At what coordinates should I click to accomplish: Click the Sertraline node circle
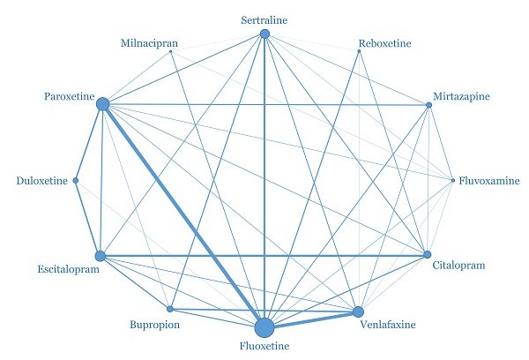(264, 34)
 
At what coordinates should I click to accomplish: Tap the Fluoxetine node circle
(264, 328)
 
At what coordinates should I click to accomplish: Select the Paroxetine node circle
(102, 104)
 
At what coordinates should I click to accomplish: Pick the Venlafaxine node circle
(358, 311)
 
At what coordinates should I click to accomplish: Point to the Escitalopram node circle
(100, 256)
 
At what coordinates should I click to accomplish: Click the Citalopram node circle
(428, 255)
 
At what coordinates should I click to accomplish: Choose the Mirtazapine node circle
(429, 106)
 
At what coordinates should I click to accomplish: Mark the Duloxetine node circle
(76, 181)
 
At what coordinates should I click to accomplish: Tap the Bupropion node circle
(171, 310)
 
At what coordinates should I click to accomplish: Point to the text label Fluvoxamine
(488, 182)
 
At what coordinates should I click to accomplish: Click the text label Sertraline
(264, 19)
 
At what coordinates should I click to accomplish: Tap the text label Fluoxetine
(264, 349)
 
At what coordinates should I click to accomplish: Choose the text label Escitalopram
(68, 270)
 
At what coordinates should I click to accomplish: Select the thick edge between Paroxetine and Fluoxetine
(183, 215)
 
